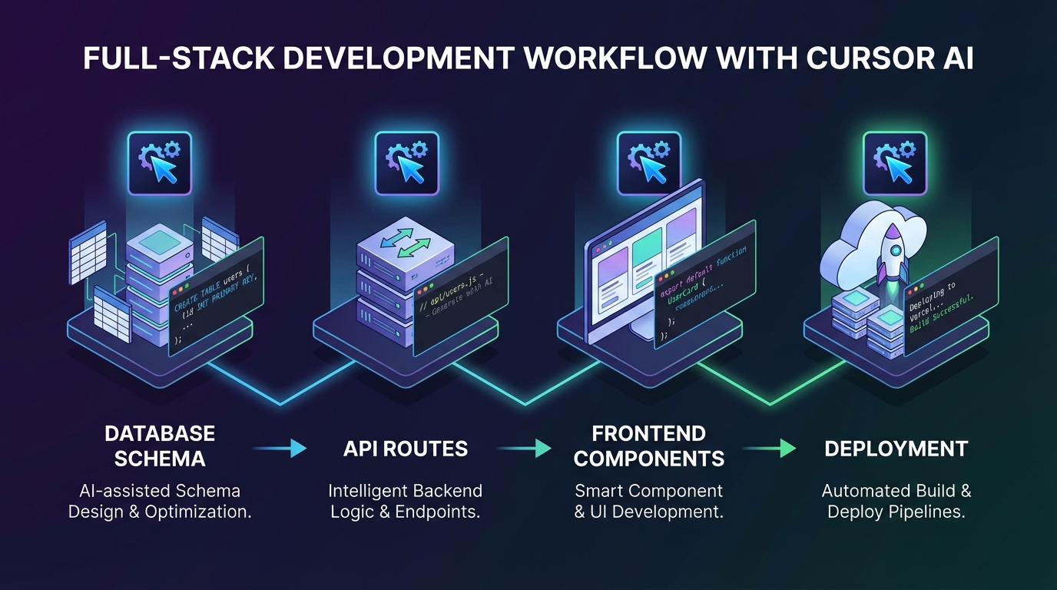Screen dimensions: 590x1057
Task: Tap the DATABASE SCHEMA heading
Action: click(x=160, y=446)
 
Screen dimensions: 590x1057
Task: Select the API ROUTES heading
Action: click(x=405, y=449)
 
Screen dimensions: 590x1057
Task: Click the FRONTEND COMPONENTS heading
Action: click(x=649, y=446)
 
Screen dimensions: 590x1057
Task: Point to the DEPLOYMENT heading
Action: click(x=896, y=449)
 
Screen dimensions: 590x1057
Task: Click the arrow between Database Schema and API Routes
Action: click(x=280, y=449)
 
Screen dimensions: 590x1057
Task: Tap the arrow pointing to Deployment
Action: click(x=770, y=449)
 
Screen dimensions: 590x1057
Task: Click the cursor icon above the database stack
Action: click(x=159, y=163)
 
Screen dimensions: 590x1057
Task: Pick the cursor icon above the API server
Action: click(x=406, y=163)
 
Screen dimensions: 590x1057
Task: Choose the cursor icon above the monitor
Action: click(x=649, y=163)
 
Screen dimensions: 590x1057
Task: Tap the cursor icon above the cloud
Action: click(x=895, y=163)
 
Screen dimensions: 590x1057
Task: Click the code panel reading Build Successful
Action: click(x=950, y=297)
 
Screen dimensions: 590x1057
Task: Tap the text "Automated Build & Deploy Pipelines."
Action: click(x=896, y=501)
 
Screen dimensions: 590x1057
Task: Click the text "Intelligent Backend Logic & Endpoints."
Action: click(x=405, y=501)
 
